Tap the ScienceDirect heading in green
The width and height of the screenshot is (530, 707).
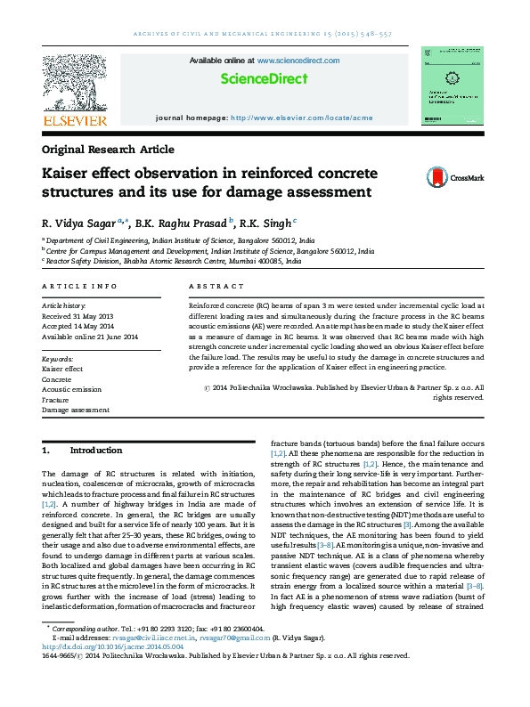[265, 79]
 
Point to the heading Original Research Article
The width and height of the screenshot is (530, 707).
[108, 150]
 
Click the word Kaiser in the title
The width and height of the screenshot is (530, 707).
[68, 173]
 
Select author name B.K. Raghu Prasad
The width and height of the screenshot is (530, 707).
[182, 223]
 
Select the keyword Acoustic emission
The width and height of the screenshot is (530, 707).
[72, 389]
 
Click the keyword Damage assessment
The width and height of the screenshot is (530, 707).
[76, 410]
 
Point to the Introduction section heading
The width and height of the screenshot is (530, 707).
[95, 451]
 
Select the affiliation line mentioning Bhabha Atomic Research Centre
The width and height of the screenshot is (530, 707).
[178, 262]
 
